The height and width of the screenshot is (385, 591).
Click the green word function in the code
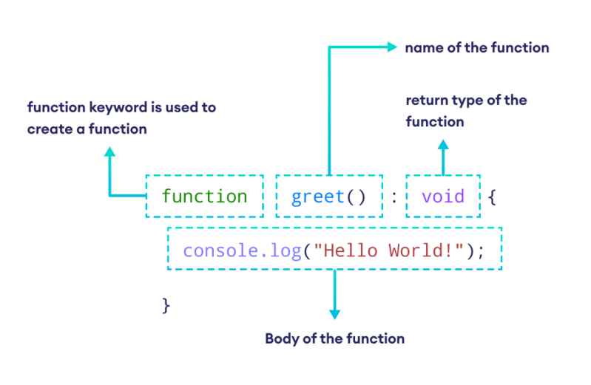click(204, 197)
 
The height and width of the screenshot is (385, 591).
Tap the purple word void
click(442, 197)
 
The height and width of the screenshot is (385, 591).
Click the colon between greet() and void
click(394, 197)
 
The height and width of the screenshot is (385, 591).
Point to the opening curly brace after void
click(493, 197)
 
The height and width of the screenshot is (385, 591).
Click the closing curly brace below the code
click(166, 304)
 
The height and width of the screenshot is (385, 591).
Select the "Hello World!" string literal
click(389, 250)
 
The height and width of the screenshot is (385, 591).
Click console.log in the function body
click(241, 250)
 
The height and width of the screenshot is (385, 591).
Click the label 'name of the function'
click(476, 48)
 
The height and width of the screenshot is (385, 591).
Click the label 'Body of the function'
click(334, 339)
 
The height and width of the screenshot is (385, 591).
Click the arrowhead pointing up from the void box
click(443, 145)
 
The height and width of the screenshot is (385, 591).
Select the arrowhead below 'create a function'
click(110, 151)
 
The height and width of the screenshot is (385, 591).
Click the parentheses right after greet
click(357, 197)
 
